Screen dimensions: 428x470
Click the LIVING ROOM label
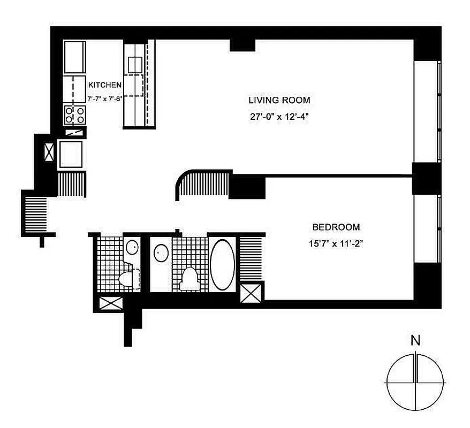point(279,100)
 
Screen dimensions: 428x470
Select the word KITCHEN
point(105,85)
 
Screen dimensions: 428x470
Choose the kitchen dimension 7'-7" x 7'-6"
point(105,98)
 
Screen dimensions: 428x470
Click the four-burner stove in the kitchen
point(75,114)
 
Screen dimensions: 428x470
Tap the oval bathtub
point(223,263)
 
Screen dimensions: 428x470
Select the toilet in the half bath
point(127,278)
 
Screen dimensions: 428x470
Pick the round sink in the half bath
point(132,247)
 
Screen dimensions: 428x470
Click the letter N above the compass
point(415,340)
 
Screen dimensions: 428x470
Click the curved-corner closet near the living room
point(203,185)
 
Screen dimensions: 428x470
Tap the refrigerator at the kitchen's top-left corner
point(74,57)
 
